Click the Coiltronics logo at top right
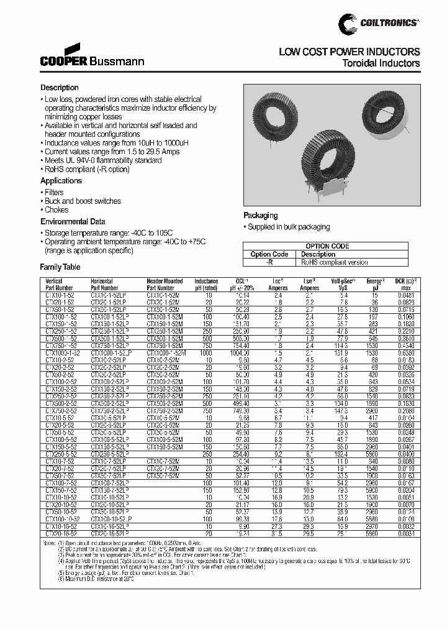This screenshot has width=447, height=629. tap(379, 23)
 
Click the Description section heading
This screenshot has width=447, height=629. tap(60, 88)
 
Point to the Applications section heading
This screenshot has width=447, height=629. tap(61, 181)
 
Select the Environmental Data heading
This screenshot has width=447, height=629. tap(73, 222)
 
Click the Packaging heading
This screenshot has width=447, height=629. tap(260, 216)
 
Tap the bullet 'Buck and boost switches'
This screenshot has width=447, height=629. tap(83, 201)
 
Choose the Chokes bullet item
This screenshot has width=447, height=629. tap(56, 210)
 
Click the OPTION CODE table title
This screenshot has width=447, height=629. tap(327, 246)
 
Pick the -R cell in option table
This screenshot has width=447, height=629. tap(269, 262)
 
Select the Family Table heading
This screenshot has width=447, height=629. tap(60, 267)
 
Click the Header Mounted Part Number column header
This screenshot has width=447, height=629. tap(165, 285)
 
